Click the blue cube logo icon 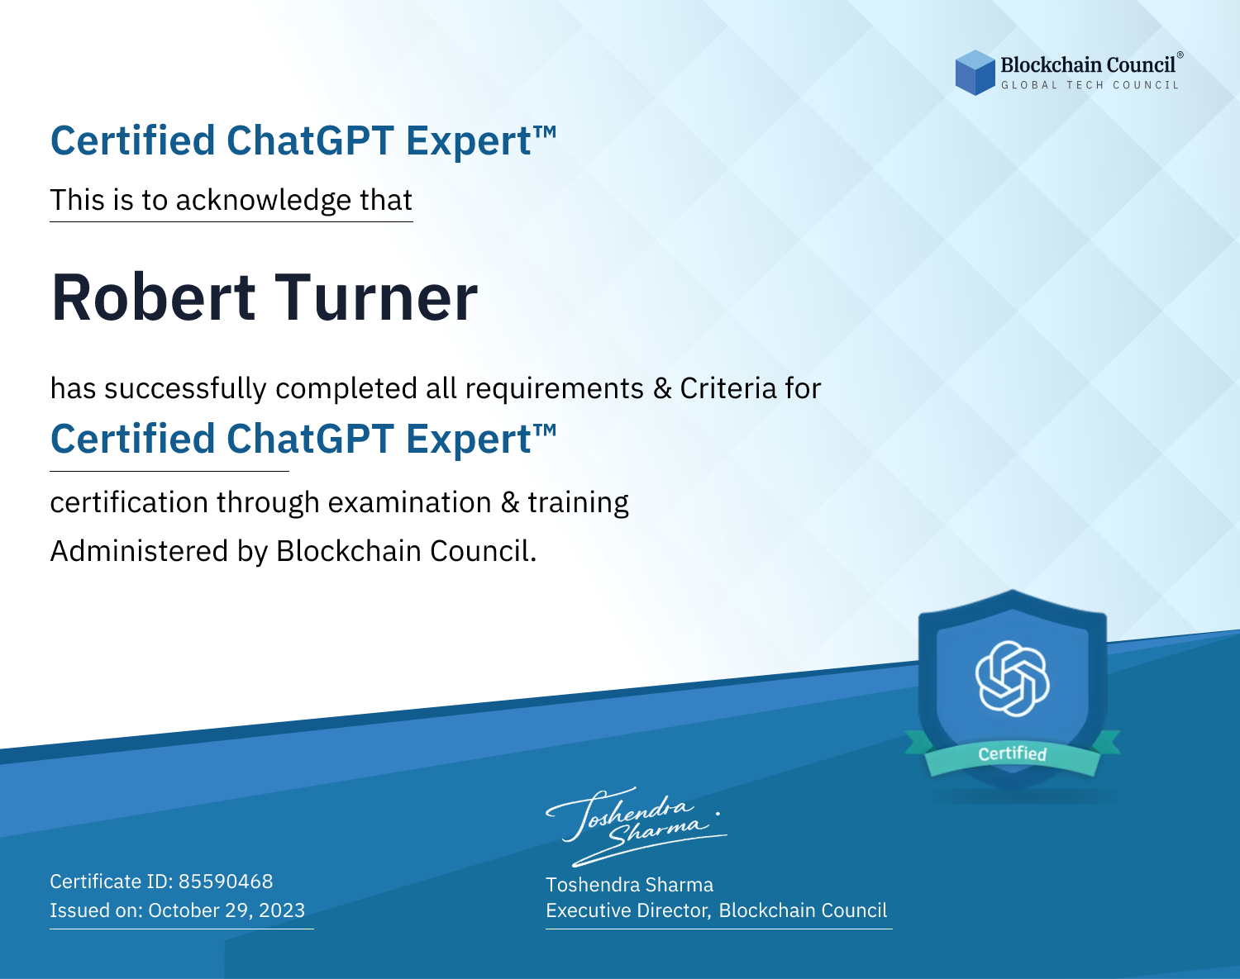975,73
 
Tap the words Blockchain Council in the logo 1088,65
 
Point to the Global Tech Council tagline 1090,85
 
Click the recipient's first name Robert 153,297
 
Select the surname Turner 376,297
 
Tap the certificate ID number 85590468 226,881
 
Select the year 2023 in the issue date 282,910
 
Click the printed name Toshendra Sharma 629,885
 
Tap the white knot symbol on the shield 1013,678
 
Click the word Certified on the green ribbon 1013,753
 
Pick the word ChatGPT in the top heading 310,140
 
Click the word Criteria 727,388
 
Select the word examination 410,502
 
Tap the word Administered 139,551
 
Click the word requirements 555,389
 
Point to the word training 579,503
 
